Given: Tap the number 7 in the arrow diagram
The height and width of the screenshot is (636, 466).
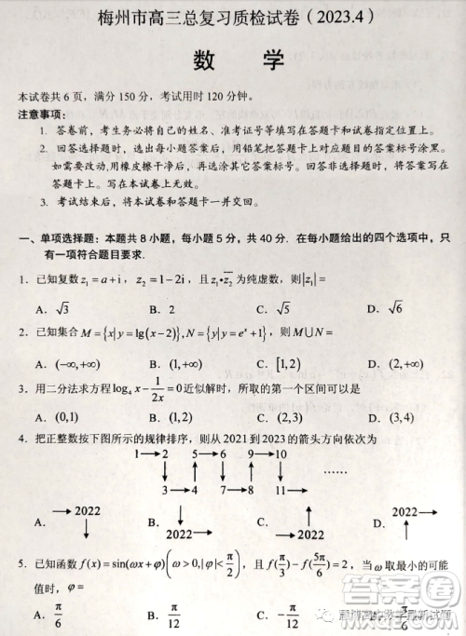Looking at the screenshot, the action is [x=224, y=489].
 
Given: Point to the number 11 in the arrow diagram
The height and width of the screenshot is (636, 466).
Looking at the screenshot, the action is [x=281, y=489].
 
